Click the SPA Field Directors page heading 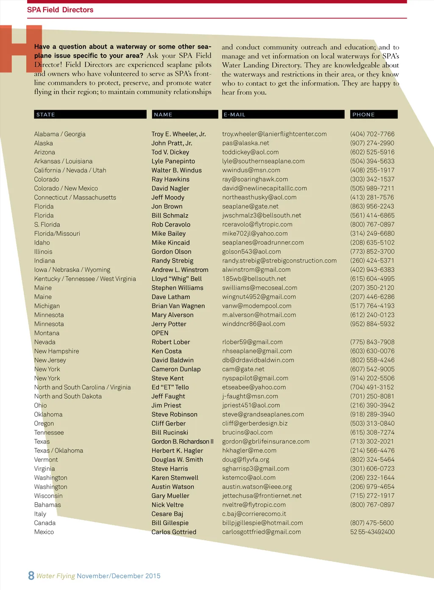[x=60, y=10]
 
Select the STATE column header [x=46, y=114]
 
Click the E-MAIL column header [x=234, y=114]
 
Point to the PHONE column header [x=363, y=114]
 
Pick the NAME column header [x=163, y=114]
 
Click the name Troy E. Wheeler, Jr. [x=178, y=134]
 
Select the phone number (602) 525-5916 [x=372, y=152]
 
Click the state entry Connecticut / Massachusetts [x=75, y=198]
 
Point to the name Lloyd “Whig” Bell [x=176, y=279]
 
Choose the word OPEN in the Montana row [x=160, y=333]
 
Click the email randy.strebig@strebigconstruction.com [x=279, y=261]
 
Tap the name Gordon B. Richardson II [x=182, y=442]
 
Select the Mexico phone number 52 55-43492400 [x=372, y=532]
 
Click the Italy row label [x=40, y=514]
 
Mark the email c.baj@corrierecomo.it [x=254, y=514]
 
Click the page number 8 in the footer [x=31, y=575]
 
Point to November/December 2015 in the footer [x=119, y=576]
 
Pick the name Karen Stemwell [x=175, y=478]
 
